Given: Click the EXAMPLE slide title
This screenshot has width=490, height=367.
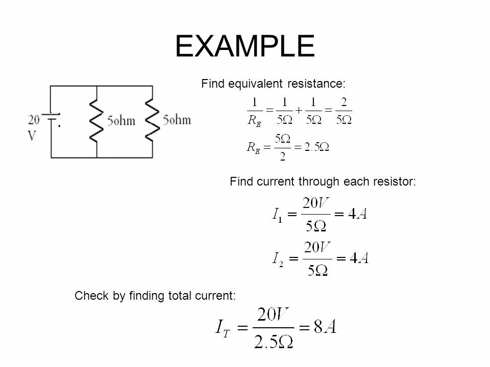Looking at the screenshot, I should pyautogui.click(x=244, y=47).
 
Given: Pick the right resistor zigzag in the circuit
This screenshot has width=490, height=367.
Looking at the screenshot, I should pyautogui.click(x=152, y=121).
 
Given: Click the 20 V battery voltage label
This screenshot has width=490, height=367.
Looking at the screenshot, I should pyautogui.click(x=34, y=128).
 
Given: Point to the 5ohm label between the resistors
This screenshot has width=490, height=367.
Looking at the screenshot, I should pyautogui.click(x=121, y=121).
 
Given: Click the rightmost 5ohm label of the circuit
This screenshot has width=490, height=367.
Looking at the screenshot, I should pyautogui.click(x=177, y=120).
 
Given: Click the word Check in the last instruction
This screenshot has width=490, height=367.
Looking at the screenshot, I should pyautogui.click(x=88, y=296).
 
